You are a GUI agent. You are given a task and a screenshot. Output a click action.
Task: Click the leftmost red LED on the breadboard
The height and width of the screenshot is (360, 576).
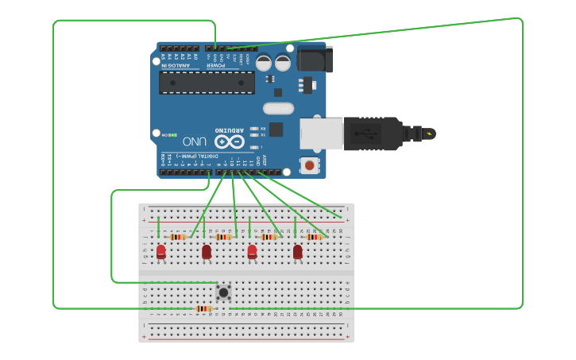161,252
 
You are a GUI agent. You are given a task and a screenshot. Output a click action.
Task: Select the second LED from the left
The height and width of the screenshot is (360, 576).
207,252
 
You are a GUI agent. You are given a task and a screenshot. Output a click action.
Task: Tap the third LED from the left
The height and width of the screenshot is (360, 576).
252,252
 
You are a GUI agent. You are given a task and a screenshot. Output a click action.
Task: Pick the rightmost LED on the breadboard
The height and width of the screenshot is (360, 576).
298,252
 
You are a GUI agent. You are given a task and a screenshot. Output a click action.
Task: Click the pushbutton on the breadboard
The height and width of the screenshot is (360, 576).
224,292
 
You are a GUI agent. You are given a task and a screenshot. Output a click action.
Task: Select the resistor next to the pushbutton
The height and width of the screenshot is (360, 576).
203,308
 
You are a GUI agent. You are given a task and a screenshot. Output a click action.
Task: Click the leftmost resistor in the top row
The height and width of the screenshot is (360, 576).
178,237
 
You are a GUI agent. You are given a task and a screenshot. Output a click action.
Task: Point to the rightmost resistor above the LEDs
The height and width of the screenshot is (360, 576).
315,237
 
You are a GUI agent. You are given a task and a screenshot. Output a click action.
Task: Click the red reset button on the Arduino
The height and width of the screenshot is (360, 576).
309,165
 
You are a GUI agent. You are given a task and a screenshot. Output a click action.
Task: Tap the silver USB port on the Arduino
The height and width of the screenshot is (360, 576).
321,134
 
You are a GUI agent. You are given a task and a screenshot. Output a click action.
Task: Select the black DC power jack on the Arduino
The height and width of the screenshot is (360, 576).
314,60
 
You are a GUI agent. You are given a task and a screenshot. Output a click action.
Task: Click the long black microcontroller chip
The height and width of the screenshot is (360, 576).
207,83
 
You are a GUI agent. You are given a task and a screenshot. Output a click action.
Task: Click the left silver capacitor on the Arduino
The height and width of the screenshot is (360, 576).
263,63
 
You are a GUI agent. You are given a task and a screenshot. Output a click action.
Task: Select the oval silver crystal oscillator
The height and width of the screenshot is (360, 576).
278,109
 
